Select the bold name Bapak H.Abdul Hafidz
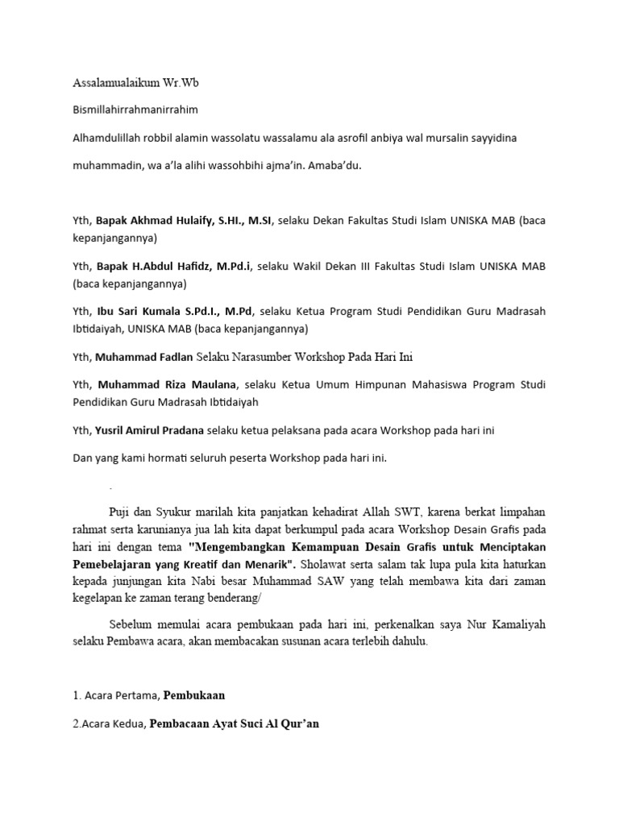[151, 266]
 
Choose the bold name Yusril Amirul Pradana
[151, 431]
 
